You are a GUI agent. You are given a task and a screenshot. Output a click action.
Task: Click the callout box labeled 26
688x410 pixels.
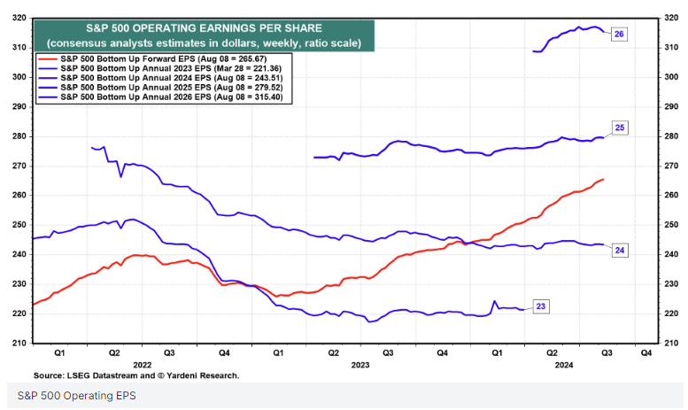click(619, 34)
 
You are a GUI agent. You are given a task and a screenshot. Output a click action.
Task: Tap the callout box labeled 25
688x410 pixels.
click(620, 128)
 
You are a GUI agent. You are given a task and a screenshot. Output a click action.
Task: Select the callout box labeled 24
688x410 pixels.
click(620, 251)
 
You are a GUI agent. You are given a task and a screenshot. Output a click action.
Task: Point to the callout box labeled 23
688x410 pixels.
click(541, 306)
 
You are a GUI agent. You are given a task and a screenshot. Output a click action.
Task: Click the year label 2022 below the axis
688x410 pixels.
click(143, 364)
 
